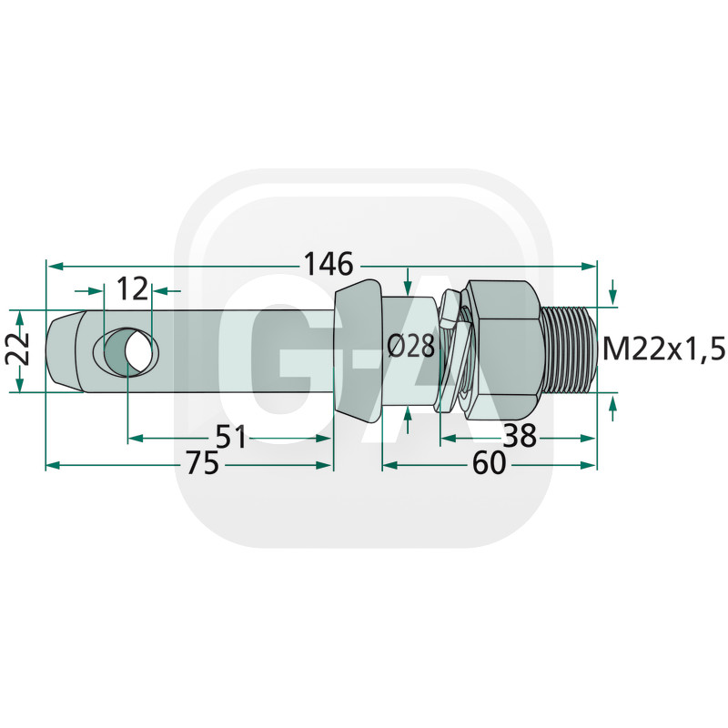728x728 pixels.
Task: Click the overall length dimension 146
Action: (329, 265)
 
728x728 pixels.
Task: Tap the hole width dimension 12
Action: (132, 288)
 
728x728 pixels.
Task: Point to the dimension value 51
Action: (231, 437)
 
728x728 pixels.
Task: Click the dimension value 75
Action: (202, 463)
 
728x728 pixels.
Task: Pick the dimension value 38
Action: (520, 436)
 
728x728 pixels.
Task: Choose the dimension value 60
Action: (489, 463)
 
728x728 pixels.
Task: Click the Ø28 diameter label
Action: (411, 347)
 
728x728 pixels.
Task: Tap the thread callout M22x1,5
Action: (663, 349)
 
